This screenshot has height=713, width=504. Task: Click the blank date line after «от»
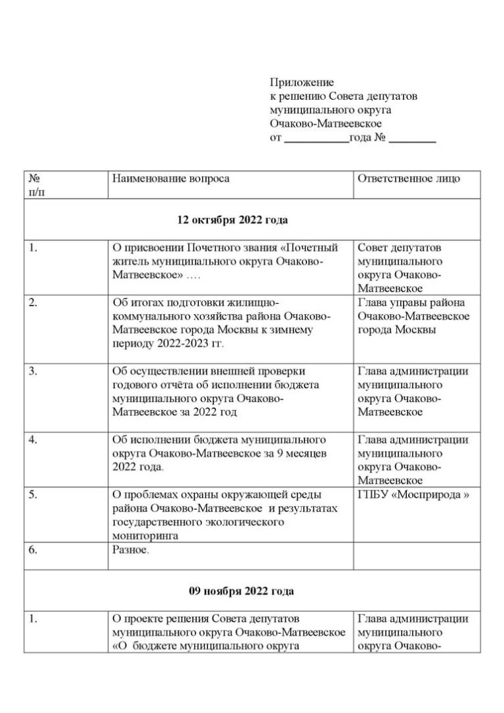click(x=316, y=139)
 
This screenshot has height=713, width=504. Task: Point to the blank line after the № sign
click(x=412, y=139)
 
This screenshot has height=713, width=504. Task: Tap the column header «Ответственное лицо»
click(x=409, y=179)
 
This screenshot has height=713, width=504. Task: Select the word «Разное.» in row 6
click(x=131, y=550)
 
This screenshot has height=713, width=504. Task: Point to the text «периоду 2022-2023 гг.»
click(x=168, y=344)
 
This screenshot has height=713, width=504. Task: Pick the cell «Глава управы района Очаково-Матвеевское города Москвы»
click(x=414, y=316)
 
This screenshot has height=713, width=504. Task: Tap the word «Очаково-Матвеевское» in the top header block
click(x=326, y=123)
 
